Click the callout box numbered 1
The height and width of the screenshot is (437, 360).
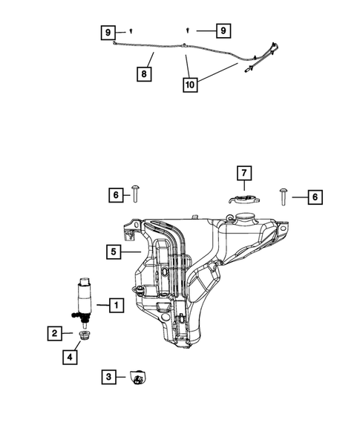115,304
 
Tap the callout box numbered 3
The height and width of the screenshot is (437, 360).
108,377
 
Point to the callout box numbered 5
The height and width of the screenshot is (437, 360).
113,252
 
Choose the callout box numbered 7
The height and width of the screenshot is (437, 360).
243,174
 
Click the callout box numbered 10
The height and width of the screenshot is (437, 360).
193,85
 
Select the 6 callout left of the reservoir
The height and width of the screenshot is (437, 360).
116,196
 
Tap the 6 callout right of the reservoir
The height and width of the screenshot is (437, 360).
315,197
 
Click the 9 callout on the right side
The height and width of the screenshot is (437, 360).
221,30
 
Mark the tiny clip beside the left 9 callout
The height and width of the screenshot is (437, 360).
131,31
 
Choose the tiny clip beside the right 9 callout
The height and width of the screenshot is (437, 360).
188,30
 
